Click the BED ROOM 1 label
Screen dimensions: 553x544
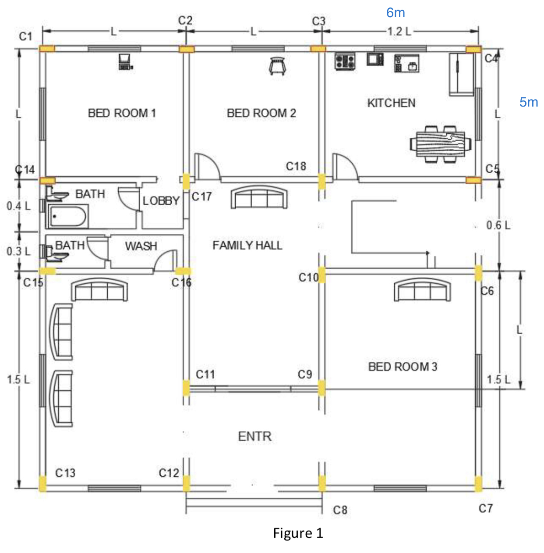point(122,113)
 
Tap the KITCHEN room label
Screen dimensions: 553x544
point(391,103)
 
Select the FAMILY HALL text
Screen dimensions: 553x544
point(247,246)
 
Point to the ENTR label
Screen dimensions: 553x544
point(254,436)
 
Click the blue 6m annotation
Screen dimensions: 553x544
point(395,13)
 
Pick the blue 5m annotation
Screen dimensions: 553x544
point(528,102)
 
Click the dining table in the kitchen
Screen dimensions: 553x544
point(440,144)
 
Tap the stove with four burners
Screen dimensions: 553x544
point(345,61)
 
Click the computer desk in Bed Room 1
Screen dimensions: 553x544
point(125,62)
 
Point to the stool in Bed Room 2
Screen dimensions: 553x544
point(277,65)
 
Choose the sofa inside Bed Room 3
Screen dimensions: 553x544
point(422,290)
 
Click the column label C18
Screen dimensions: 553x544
point(296,166)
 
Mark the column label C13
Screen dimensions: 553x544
point(65,473)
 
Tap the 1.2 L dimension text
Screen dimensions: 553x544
point(399,31)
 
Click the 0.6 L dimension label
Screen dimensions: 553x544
point(498,225)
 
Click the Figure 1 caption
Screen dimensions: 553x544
point(298,533)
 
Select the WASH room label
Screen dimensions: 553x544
point(141,246)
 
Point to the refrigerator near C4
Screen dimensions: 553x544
point(461,74)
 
